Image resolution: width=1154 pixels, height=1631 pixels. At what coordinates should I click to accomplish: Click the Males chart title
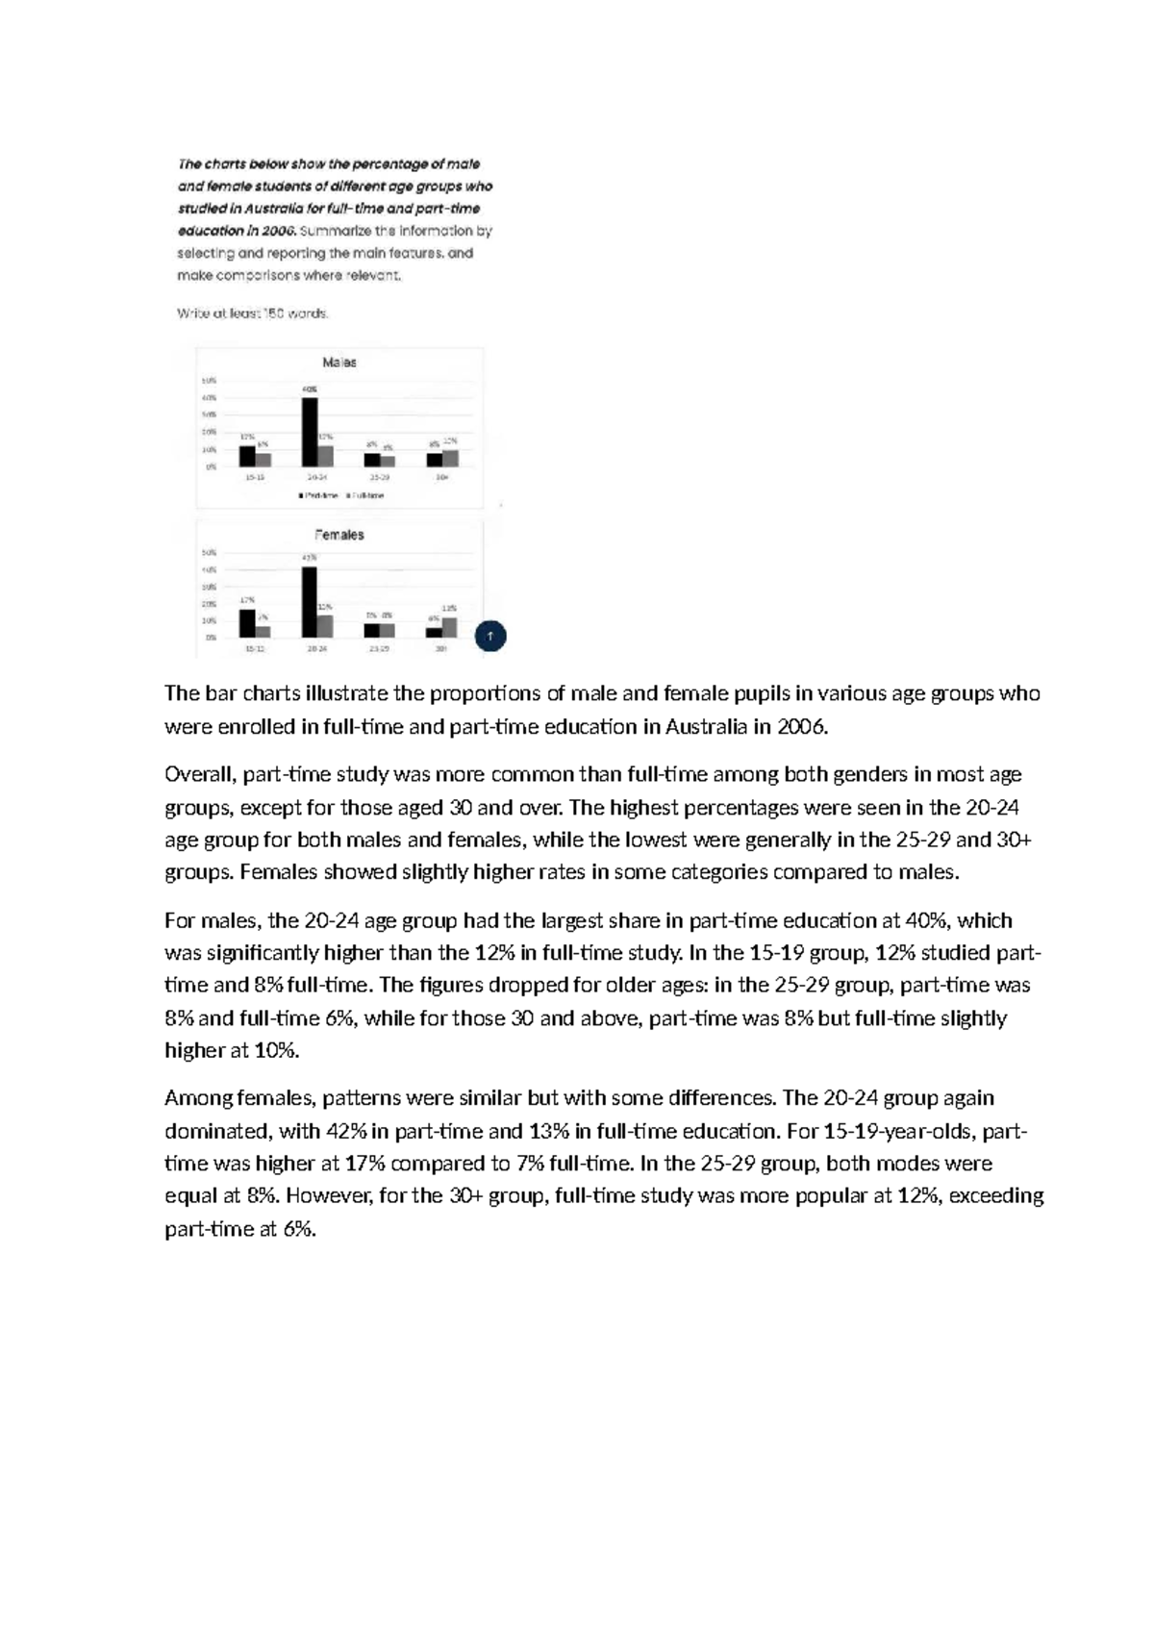pos(339,363)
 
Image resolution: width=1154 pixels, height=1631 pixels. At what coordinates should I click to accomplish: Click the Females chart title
pos(339,535)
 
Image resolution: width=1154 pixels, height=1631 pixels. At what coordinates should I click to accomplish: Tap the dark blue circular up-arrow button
pos(490,636)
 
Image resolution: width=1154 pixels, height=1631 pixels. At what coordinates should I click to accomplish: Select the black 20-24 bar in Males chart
pos(310,432)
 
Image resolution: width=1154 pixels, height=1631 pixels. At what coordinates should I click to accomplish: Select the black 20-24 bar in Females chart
pos(310,602)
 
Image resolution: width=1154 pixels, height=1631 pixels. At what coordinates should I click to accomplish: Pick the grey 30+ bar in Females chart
pos(449,627)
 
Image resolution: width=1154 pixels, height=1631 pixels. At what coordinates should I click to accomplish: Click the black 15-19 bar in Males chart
pos(247,456)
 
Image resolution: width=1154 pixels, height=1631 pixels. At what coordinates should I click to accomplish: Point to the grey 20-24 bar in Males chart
pos(325,456)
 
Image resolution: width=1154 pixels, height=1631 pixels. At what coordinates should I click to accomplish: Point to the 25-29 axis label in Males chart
pos(379,477)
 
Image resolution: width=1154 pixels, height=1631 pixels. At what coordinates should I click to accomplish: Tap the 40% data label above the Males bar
pos(310,389)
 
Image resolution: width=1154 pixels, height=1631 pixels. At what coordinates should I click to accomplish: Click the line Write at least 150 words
pos(253,314)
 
